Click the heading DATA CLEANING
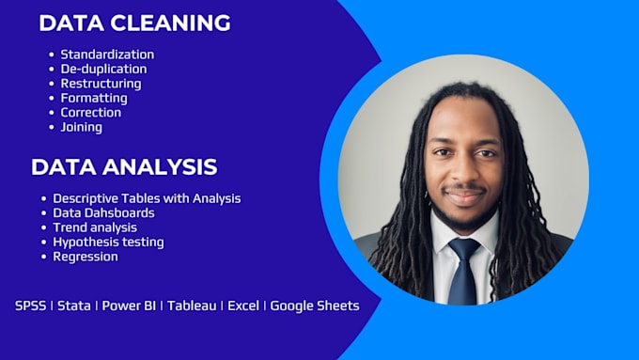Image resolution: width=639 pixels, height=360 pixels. pos(135,23)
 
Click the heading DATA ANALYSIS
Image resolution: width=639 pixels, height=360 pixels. pos(124,167)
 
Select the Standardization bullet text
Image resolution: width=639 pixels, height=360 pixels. pos(107,55)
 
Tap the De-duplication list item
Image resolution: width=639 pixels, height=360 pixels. pos(104,69)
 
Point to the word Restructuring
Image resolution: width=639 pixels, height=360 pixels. pos(101,84)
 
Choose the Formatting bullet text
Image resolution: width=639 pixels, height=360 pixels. pos(94,99)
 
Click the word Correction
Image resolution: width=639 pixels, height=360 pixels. pos(91,113)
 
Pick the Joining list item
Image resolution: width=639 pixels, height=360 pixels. pos(82,127)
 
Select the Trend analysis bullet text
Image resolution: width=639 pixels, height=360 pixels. pos(95,227)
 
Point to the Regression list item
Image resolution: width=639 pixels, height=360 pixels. pos(86,257)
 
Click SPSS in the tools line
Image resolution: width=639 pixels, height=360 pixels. pos(31,305)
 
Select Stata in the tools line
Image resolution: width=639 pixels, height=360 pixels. pos(74,305)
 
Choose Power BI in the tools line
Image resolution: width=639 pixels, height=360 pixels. pos(129,305)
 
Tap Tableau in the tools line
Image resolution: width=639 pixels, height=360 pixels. pos(192,305)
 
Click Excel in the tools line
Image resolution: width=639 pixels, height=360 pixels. pos(243,305)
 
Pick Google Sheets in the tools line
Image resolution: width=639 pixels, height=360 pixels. pos(315,306)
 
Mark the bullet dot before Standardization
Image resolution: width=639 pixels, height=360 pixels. pos(52,55)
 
